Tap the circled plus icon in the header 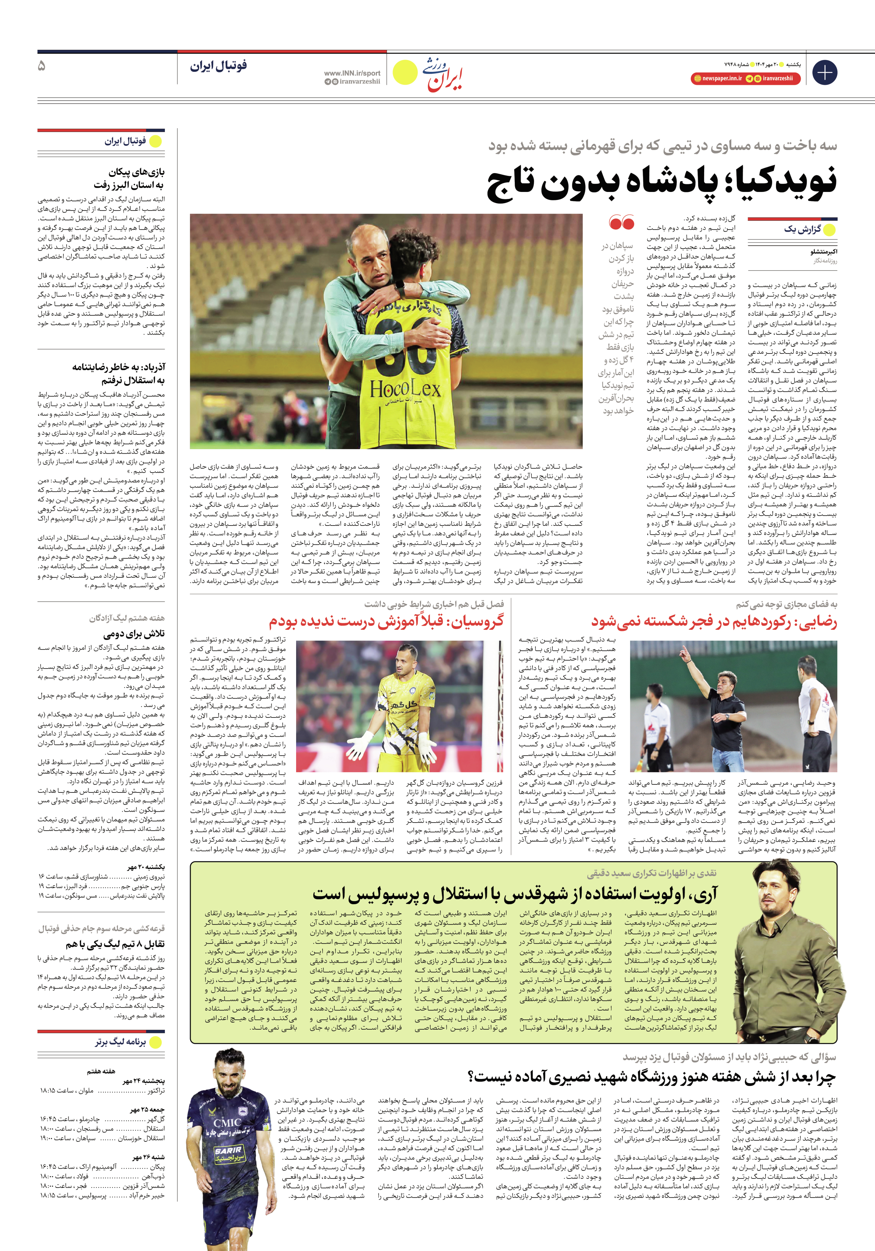coord(824,72)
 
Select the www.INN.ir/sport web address coord(352,73)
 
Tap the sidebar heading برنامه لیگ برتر coord(120,1042)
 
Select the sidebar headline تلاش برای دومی coord(134,634)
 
